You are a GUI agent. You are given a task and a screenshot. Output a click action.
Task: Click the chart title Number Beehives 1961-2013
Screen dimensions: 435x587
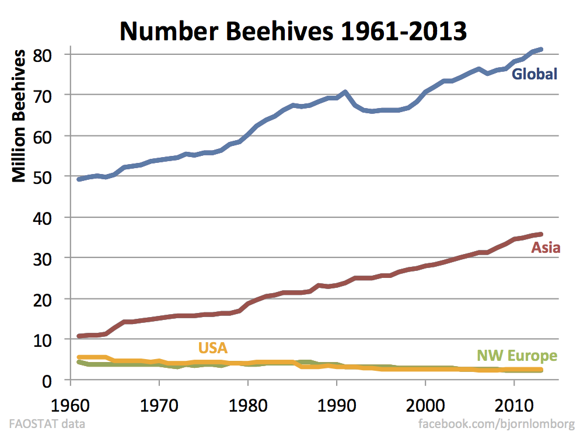click(293, 30)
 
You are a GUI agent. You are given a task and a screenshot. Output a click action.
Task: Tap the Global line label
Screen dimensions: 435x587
click(534, 74)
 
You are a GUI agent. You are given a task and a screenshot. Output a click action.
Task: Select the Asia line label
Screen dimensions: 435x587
click(546, 248)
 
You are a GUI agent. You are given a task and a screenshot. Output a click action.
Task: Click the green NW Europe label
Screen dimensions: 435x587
click(517, 356)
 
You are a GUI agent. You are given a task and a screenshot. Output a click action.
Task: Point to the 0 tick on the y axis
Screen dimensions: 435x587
click(49, 380)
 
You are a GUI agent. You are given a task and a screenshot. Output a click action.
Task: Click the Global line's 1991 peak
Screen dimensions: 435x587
click(345, 92)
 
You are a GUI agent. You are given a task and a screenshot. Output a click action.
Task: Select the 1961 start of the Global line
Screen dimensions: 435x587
click(79, 179)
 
